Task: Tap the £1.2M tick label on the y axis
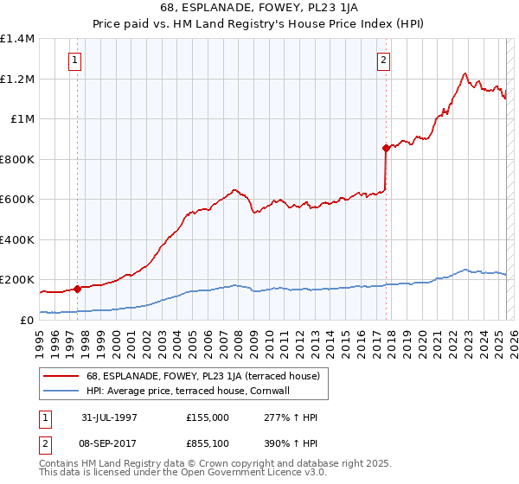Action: (x=16, y=79)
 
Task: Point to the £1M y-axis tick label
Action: (x=22, y=119)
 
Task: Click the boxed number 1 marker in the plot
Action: (x=77, y=60)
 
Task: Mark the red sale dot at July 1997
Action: (x=78, y=289)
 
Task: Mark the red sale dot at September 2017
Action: (x=386, y=148)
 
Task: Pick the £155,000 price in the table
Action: (x=208, y=417)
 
